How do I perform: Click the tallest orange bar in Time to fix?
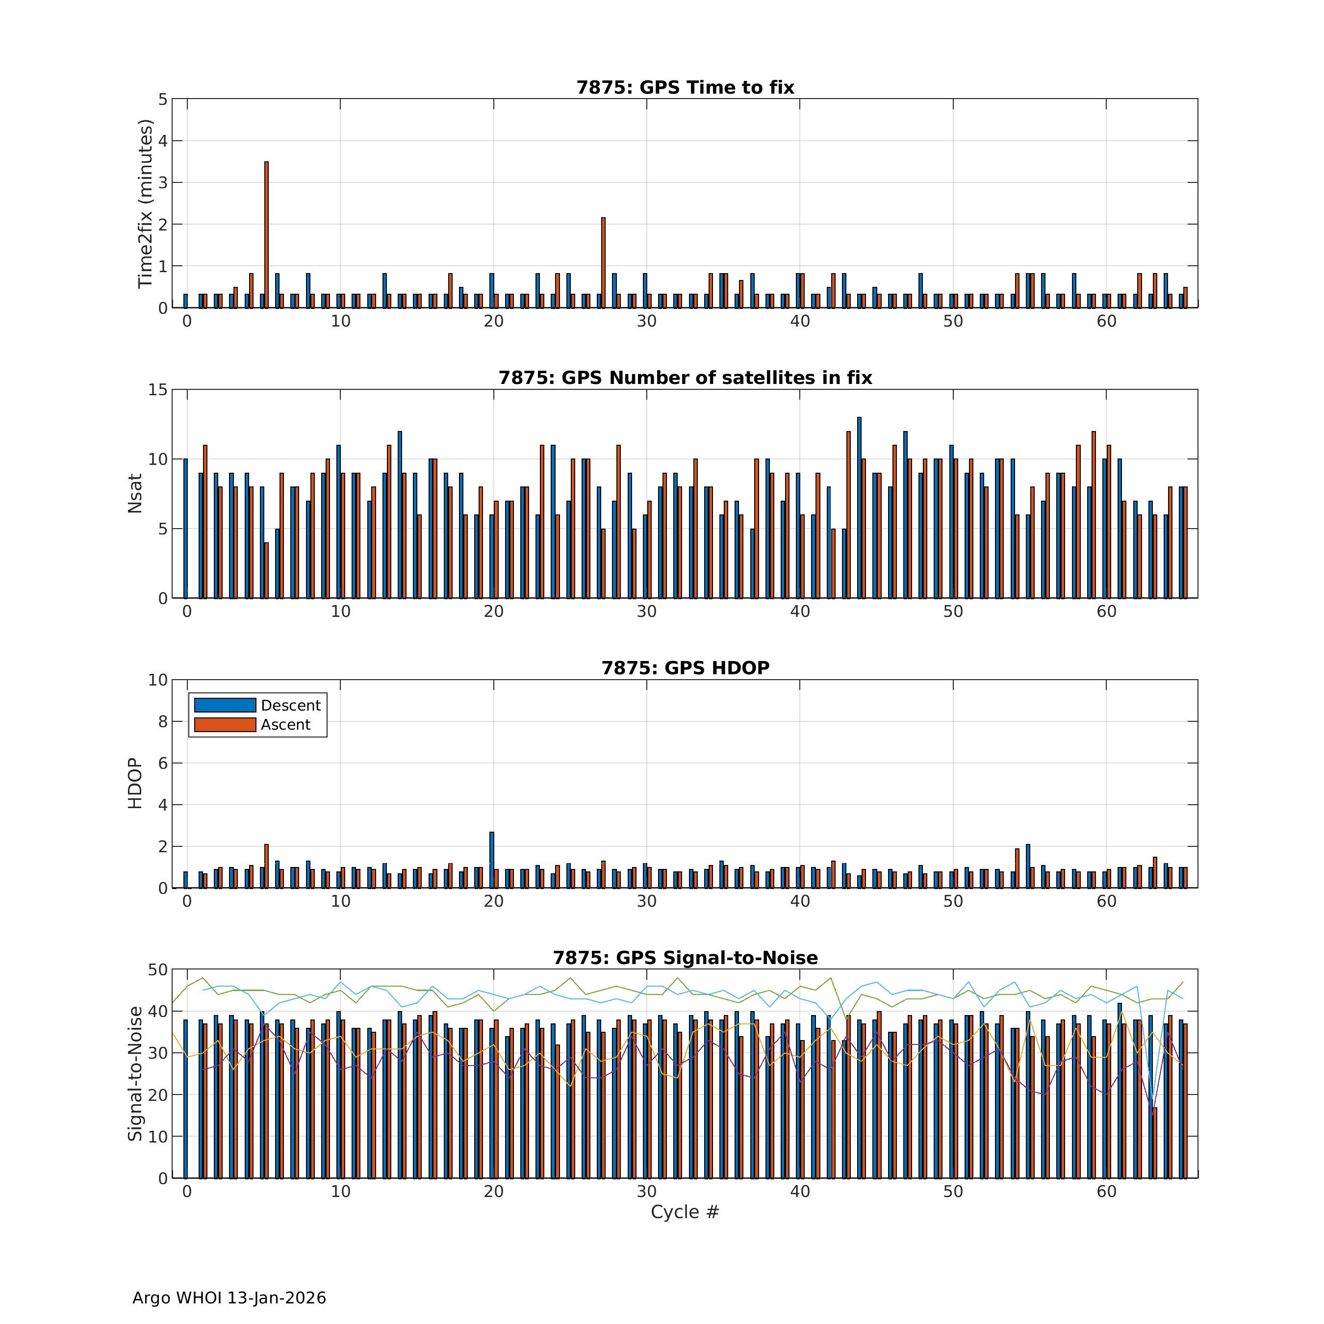point(266,234)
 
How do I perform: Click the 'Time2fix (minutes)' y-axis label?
point(145,204)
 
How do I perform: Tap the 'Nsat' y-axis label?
point(135,493)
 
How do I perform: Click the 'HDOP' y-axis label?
point(135,783)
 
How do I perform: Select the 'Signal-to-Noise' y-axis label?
point(135,1073)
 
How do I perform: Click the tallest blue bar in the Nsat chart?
point(859,507)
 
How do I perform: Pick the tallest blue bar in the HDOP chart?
point(491,860)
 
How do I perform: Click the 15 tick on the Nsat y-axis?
point(157,390)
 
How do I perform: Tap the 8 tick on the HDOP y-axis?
point(162,722)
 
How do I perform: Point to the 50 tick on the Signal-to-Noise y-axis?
point(157,969)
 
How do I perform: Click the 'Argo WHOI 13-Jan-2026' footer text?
point(229,1298)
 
